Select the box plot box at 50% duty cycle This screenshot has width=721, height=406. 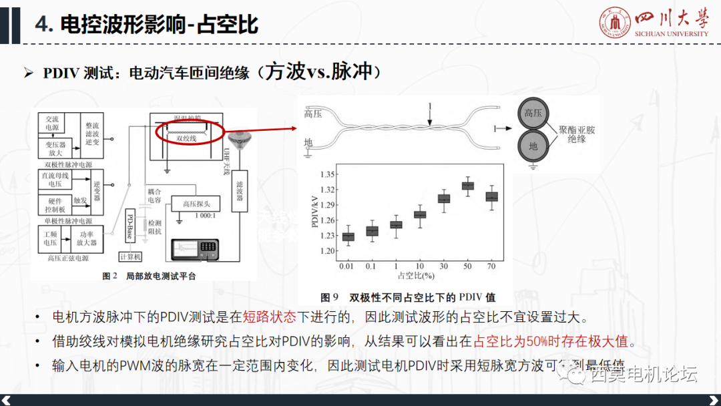[x=468, y=186]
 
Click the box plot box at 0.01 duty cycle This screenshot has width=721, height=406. [x=348, y=236]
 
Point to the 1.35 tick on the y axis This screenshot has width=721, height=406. [x=329, y=174]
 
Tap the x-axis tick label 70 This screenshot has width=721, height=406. [x=492, y=266]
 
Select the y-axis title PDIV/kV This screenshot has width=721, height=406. [x=315, y=212]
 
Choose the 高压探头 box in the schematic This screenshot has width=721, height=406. [x=197, y=204]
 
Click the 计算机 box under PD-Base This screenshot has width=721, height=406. [x=130, y=256]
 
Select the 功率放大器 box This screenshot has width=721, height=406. [x=88, y=238]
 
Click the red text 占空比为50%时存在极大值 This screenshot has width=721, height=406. [x=551, y=341]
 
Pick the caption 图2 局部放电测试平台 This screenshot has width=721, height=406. [x=150, y=276]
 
